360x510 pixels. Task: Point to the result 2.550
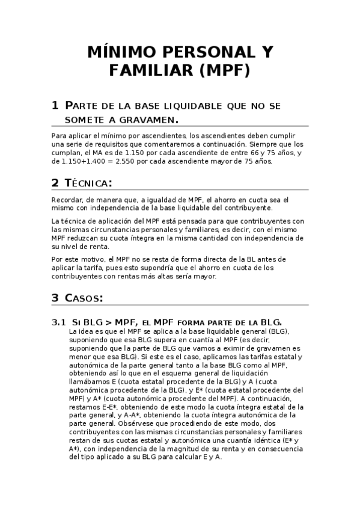coord(129,161)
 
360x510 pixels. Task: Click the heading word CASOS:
coord(84,298)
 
